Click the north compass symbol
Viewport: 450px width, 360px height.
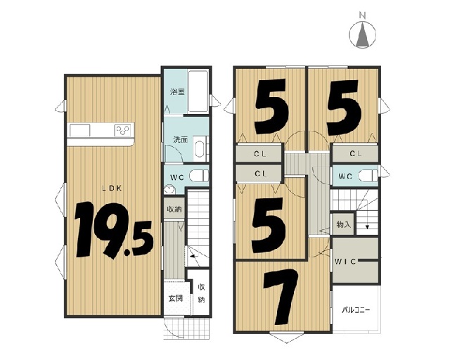tap(363, 32)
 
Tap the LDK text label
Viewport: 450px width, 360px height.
tap(112, 188)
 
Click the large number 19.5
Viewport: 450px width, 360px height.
tap(114, 230)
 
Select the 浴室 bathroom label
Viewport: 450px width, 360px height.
tap(177, 92)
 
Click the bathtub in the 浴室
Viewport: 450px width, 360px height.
tap(198, 91)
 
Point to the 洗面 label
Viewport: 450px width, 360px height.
tap(180, 140)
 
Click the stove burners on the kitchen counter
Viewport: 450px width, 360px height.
tap(124, 131)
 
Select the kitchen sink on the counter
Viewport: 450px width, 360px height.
tap(80, 131)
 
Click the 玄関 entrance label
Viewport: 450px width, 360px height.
tap(175, 298)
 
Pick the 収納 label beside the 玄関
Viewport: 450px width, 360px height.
tap(202, 293)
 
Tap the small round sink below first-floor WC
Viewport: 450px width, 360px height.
tap(169, 190)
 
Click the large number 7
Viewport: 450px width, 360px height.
tap(281, 297)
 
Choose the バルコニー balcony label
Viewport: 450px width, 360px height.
tap(356, 310)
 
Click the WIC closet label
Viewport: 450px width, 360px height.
tap(345, 262)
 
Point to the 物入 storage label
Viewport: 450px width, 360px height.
tap(344, 224)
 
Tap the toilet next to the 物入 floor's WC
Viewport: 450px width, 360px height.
tap(368, 176)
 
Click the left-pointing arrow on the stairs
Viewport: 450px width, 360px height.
tap(194, 256)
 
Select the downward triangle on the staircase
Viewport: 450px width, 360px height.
tap(367, 227)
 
